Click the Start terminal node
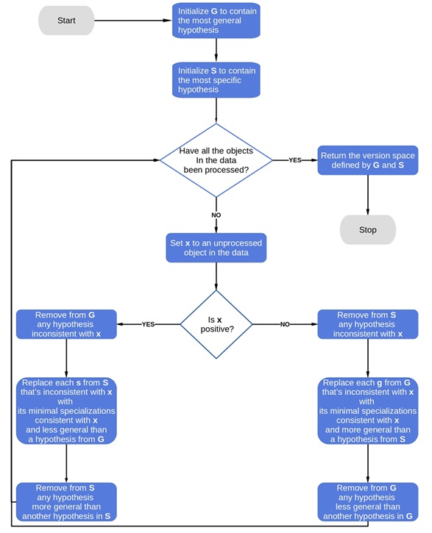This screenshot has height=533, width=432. click(66, 21)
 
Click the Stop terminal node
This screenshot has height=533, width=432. click(367, 229)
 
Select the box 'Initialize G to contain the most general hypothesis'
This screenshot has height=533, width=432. click(216, 21)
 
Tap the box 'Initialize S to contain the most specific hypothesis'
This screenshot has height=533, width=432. click(216, 80)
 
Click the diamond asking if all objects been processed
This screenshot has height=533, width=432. click(216, 160)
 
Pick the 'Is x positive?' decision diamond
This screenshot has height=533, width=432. click(216, 324)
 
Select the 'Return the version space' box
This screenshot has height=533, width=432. click(367, 160)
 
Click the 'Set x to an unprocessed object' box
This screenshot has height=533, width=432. click(216, 248)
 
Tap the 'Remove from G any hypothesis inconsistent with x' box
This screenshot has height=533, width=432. click(66, 324)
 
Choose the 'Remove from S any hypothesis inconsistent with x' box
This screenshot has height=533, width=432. click(367, 324)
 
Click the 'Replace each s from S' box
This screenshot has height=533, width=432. click(66, 411)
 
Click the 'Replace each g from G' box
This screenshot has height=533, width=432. click(367, 411)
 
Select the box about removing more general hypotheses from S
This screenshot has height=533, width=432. click(66, 501)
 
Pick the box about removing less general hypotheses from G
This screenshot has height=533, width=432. click(367, 501)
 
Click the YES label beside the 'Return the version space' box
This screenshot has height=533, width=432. click(294, 160)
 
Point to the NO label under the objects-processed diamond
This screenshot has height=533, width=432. click(216, 215)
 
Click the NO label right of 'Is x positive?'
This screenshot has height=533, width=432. click(284, 324)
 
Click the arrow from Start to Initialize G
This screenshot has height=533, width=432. click(132, 21)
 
